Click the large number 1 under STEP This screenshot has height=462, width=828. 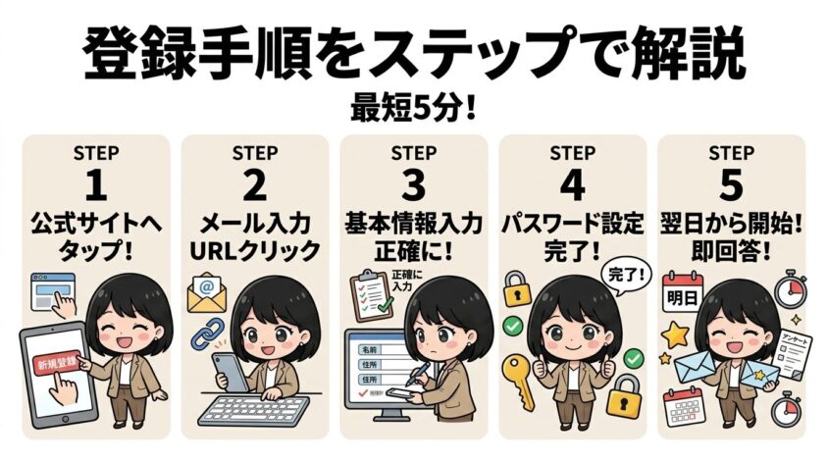(x=96, y=187)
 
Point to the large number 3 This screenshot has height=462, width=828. (x=413, y=187)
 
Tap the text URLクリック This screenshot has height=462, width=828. (x=254, y=249)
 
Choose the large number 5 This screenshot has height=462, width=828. (x=731, y=187)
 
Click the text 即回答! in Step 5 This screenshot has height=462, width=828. (x=731, y=249)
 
